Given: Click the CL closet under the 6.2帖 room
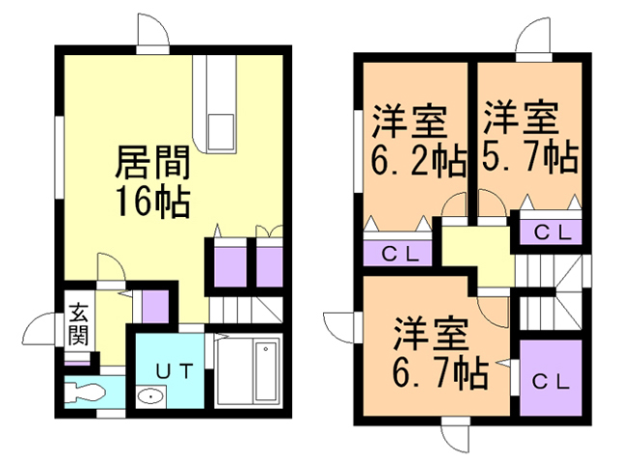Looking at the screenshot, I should click(x=399, y=254).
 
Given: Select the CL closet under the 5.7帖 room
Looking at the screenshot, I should click(x=552, y=231).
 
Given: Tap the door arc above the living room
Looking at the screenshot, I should click(x=151, y=32).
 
